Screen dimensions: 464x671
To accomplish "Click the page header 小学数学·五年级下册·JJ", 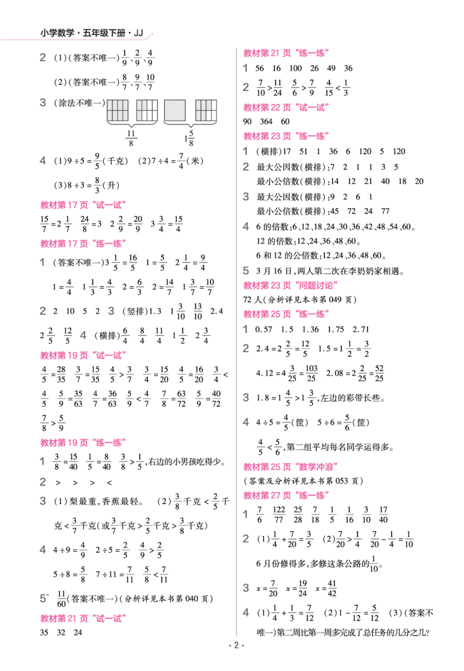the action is pos(92,33).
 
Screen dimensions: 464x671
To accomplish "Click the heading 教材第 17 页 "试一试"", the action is pos(83,205).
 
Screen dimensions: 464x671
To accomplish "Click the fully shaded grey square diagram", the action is pos(175,111).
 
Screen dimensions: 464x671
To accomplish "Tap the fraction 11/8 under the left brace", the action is pos(131,138).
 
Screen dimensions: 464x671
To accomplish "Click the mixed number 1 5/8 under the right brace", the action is pos(189,138).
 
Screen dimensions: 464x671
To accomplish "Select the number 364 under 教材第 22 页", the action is pos(266,122).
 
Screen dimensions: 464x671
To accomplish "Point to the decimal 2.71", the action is pos(361,330).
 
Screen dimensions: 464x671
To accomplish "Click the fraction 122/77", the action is pos(279,515).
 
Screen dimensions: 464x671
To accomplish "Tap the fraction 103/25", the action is pos(311,373).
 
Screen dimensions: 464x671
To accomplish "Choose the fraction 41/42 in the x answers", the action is pos(332,588).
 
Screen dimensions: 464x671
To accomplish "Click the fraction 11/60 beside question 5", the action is pos(61,599).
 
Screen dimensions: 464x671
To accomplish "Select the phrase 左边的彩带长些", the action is pos(350,399).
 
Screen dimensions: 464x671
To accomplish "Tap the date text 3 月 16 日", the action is pos(274,271).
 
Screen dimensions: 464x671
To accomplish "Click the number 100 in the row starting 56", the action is pos(296,68).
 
